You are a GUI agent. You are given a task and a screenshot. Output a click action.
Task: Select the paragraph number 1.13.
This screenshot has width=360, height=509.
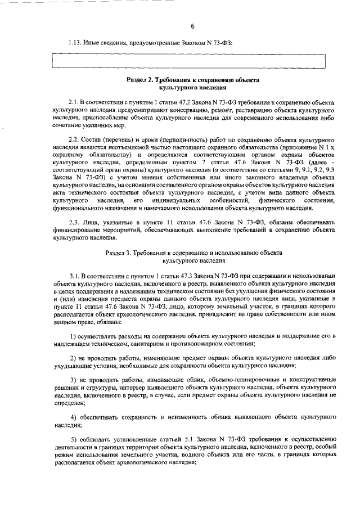click(75, 43)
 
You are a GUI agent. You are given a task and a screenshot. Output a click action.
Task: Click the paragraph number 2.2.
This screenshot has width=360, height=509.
click(74, 138)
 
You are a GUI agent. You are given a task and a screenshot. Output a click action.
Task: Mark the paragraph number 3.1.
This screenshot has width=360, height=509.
click(75, 276)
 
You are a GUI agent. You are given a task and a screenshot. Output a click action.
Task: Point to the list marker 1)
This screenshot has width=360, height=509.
click(73, 336)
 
